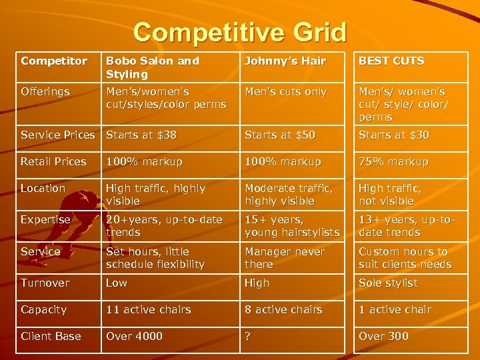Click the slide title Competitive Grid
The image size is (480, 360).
pyautogui.click(x=239, y=32)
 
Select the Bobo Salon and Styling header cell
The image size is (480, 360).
pyautogui.click(x=153, y=67)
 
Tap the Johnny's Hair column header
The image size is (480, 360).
pyautogui.click(x=285, y=61)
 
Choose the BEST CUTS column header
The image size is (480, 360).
pyautogui.click(x=391, y=61)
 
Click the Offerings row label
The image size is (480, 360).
pyautogui.click(x=45, y=92)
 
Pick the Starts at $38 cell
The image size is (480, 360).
pyautogui.click(x=141, y=135)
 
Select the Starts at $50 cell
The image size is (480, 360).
pyautogui.click(x=280, y=135)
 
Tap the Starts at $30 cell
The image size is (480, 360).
pyautogui.click(x=394, y=135)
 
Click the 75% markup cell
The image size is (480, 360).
pyautogui.click(x=393, y=162)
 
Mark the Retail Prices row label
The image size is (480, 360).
pyautogui.click(x=53, y=162)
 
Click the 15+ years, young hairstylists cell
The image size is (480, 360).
pyautogui.click(x=292, y=226)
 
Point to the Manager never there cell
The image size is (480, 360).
pyautogui.click(x=285, y=258)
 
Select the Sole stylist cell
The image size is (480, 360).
pyautogui.click(x=388, y=283)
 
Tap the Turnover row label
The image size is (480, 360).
pyautogui.click(x=45, y=283)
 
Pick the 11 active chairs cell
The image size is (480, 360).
pyautogui.click(x=149, y=310)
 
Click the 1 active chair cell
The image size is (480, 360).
pyautogui.click(x=395, y=310)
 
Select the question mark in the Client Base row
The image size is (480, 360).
pyautogui.click(x=248, y=337)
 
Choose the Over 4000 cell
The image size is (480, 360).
pyautogui.click(x=134, y=337)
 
